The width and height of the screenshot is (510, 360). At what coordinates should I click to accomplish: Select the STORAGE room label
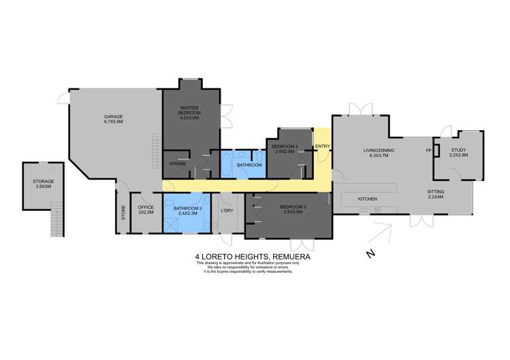click(43, 183)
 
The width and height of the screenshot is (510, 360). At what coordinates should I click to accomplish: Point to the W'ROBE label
click(178, 164)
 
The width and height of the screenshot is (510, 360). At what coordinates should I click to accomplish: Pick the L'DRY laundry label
click(227, 208)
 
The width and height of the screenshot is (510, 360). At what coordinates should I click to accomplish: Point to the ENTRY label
click(322, 146)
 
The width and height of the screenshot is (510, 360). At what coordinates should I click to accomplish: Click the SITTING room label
click(436, 194)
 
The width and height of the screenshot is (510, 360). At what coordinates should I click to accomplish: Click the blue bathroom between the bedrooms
click(249, 165)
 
